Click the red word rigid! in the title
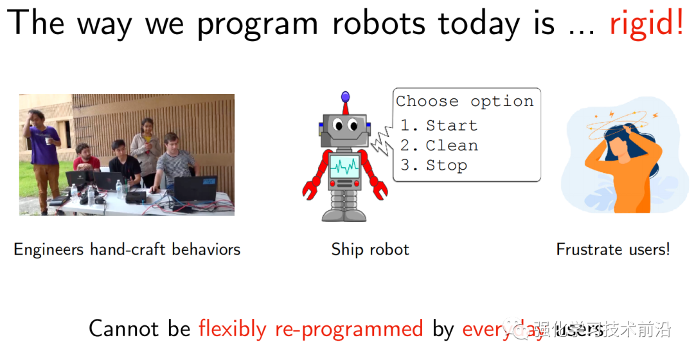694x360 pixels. (x=646, y=23)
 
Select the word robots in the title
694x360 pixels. (x=378, y=23)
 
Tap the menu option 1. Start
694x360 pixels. (x=439, y=125)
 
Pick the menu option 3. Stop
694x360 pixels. (x=434, y=165)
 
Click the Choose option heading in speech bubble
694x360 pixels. (x=465, y=102)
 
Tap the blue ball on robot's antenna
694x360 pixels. (x=346, y=97)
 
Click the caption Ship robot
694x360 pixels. (x=370, y=249)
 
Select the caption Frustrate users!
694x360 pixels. (x=612, y=249)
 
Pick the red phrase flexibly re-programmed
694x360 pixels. (x=310, y=328)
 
